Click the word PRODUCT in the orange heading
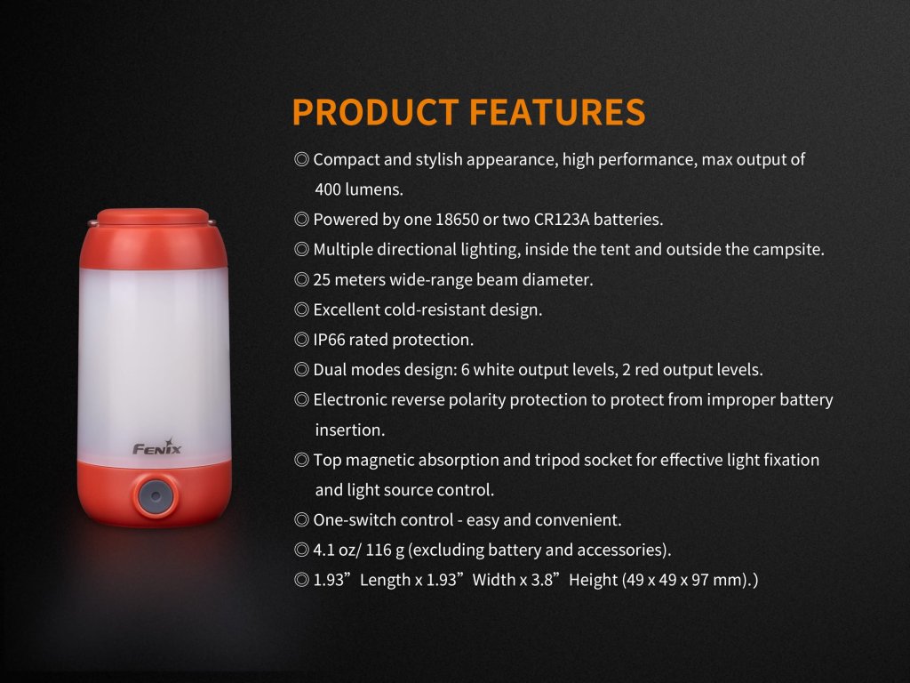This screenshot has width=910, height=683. click(x=375, y=111)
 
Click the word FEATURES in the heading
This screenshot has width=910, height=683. click(x=557, y=111)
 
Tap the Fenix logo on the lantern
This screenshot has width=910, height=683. click(x=157, y=447)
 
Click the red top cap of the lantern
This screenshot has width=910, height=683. click(x=153, y=238)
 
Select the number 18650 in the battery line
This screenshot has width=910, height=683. click(x=457, y=220)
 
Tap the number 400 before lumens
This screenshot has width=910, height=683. click(x=328, y=189)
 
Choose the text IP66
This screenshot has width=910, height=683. click(x=329, y=340)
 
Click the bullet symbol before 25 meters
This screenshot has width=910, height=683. click(x=301, y=280)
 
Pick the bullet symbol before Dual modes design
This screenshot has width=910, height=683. click(x=301, y=370)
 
